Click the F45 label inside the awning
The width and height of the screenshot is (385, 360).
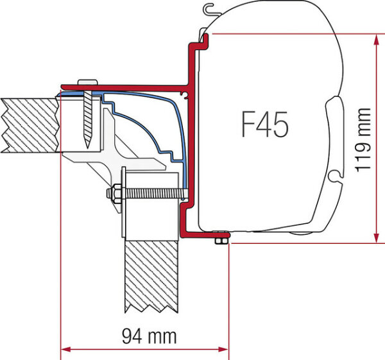click(x=264, y=124)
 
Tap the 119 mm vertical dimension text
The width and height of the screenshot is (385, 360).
click(x=364, y=139)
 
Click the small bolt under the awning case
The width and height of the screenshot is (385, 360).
click(x=221, y=239)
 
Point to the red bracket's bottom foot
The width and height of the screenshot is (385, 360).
click(x=202, y=234)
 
